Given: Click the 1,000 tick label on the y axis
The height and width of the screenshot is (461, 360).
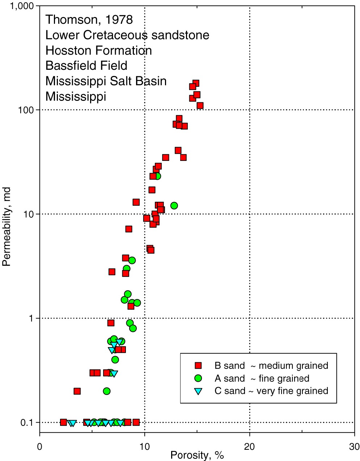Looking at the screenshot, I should [x=22, y=6].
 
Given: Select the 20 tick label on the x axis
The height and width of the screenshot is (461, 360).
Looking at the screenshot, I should [x=250, y=447].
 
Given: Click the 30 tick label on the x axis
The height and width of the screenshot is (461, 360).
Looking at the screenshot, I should [x=354, y=447].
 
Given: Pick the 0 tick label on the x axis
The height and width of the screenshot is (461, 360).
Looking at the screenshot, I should [x=40, y=447].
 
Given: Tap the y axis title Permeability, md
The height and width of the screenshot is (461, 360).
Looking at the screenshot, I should [x=7, y=227].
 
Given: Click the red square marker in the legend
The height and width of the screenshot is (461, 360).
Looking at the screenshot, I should [x=198, y=366].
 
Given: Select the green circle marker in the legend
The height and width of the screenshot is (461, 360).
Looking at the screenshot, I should [x=198, y=378].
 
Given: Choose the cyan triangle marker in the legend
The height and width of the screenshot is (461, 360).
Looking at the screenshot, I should [x=198, y=391].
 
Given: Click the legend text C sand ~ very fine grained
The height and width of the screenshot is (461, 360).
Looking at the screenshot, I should [x=271, y=391].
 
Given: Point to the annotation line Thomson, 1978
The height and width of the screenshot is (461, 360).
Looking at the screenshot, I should [x=89, y=20].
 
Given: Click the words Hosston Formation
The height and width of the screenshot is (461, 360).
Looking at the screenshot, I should [x=98, y=51].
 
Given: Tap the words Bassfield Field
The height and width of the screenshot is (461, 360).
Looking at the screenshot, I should [x=86, y=66].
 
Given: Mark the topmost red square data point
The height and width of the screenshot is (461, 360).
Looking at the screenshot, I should [x=196, y=84].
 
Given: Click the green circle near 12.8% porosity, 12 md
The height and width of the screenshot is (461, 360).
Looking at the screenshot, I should [x=174, y=206].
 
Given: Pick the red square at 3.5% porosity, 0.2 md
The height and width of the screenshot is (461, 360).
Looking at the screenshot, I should [x=77, y=391].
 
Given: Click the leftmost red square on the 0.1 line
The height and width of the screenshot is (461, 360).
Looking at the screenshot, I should [x=64, y=422].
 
